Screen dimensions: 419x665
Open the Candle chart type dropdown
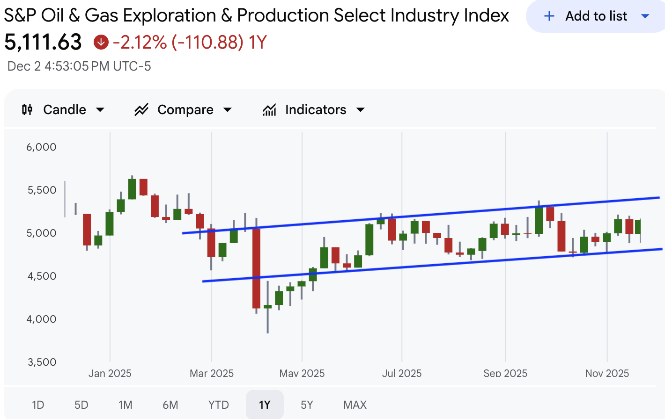pos(63,110)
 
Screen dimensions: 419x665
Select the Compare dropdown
pos(183,110)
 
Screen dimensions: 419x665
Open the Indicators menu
pos(313,110)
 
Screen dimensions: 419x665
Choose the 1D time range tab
pos(38,405)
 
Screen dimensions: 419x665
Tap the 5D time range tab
pos(81,405)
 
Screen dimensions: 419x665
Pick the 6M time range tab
pos(170,405)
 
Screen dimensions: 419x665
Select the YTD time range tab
pos(219,405)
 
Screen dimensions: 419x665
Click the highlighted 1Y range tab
pos(265,405)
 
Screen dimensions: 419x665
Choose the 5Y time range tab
pos(307,405)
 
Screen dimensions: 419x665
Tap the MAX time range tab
pos(355,405)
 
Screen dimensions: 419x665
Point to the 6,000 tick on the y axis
pos(41,147)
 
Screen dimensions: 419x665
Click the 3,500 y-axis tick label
pos(42,362)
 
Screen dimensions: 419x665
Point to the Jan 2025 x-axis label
pos(110,373)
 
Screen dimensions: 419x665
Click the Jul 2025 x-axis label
pos(402,373)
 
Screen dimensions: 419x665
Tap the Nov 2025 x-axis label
pos(607,373)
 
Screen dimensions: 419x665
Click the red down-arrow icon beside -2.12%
pos(101,43)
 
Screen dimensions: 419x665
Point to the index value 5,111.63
pos(43,43)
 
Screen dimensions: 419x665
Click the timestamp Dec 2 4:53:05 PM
pos(79,66)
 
